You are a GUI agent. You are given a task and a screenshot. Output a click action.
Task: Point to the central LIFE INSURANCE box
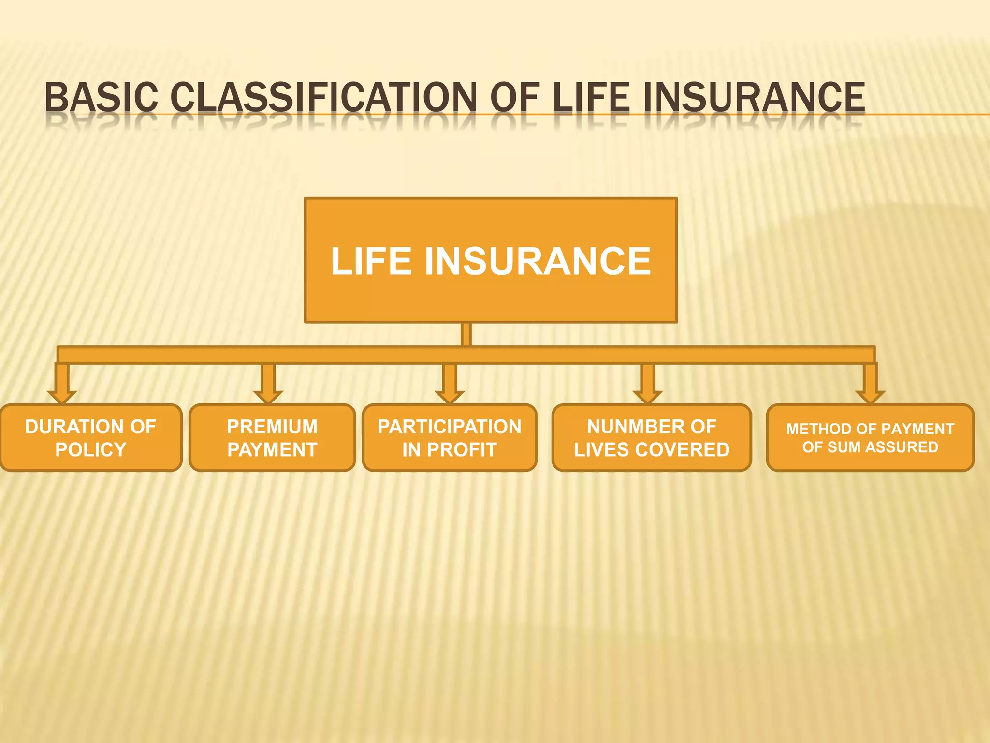pyautogui.click(x=491, y=260)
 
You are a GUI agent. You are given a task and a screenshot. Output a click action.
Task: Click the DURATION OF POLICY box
pyautogui.click(x=91, y=438)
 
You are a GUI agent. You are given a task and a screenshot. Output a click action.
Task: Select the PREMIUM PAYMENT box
pyautogui.click(x=272, y=438)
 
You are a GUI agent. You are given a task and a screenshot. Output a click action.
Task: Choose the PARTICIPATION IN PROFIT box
pyautogui.click(x=450, y=438)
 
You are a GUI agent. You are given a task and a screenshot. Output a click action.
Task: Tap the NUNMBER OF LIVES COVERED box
pyautogui.click(x=652, y=438)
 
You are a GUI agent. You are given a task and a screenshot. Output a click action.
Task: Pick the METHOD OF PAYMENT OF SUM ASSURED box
pyautogui.click(x=870, y=438)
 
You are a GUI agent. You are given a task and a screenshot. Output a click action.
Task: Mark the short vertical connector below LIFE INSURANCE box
pyautogui.click(x=466, y=334)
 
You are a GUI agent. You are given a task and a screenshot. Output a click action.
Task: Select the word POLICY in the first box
pyautogui.click(x=91, y=450)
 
